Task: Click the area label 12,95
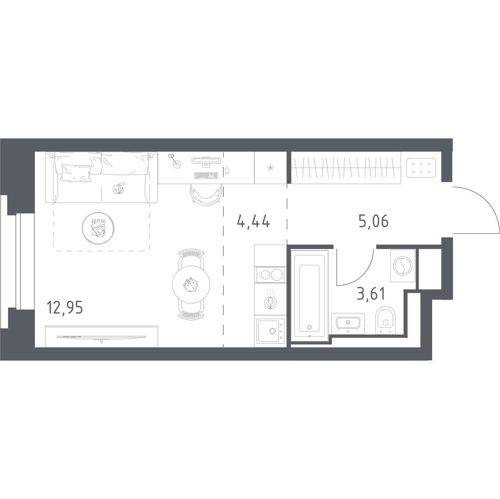point(64,306)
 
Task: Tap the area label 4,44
point(253,221)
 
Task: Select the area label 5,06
point(373,221)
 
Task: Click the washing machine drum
point(402,265)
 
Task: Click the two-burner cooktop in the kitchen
point(269,274)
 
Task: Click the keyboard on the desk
point(205,175)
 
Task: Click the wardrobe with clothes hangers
point(345,167)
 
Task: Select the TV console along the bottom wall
point(101,336)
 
